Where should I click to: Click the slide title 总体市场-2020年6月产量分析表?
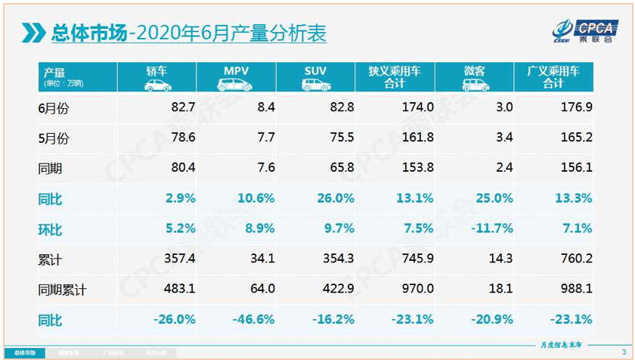189,33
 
